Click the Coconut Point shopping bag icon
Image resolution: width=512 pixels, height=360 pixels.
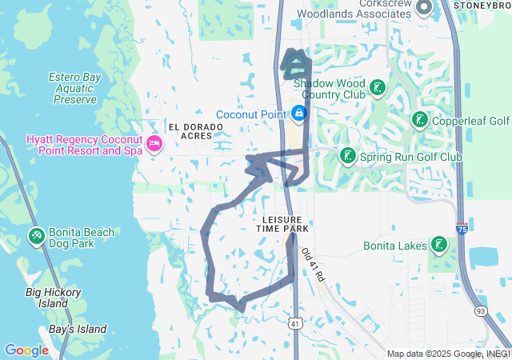[x=299, y=114]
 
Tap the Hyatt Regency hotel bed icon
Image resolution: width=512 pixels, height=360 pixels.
[x=154, y=145]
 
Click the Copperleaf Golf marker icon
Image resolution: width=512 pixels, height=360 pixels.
[x=418, y=120]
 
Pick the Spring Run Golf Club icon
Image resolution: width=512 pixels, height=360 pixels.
[x=347, y=155]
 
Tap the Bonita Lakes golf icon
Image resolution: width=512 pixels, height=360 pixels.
[x=438, y=244]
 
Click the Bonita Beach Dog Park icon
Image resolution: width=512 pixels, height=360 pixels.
[x=37, y=236]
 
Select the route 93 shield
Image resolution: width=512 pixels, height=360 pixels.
[x=480, y=310]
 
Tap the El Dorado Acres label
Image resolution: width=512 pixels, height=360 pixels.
[x=190, y=131]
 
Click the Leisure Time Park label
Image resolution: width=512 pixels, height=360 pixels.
[x=281, y=224]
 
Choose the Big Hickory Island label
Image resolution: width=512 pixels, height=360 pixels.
[x=53, y=298]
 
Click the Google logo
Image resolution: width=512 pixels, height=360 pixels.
[x=26, y=350]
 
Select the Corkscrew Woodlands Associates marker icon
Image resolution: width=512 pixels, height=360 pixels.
[x=423, y=8]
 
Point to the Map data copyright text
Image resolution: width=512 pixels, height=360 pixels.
[x=447, y=354]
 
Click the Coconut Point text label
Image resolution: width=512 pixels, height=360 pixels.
[x=250, y=114]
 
